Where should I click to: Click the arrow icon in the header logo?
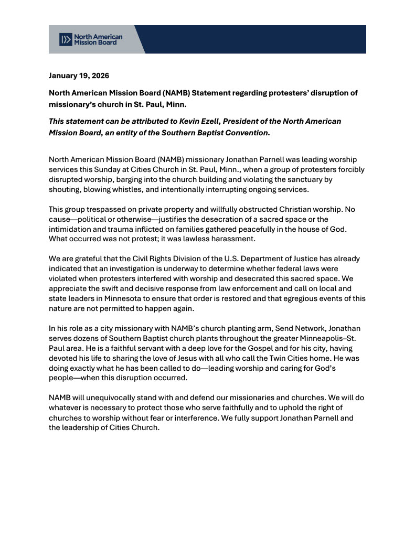pos(66,39)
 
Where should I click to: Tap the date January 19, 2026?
pos(79,76)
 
